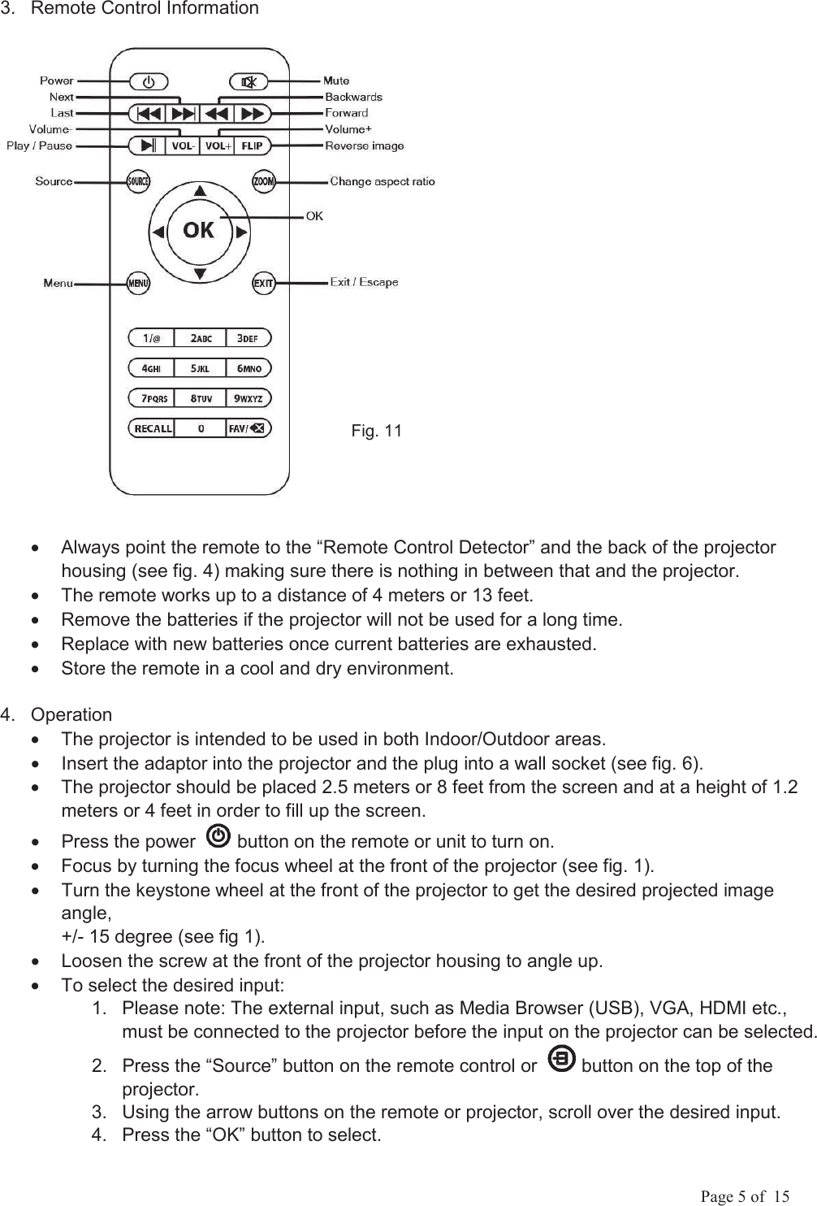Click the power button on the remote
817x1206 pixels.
pyautogui.click(x=148, y=81)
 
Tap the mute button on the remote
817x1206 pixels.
pyautogui.click(x=249, y=81)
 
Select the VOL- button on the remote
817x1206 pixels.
pyautogui.click(x=182, y=146)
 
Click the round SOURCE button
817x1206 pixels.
pyautogui.click(x=138, y=181)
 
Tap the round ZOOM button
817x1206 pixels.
pyautogui.click(x=263, y=181)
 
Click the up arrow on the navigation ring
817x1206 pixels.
pyautogui.click(x=200, y=190)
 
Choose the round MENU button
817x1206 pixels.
pyautogui.click(x=138, y=284)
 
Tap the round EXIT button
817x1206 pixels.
pyautogui.click(x=263, y=284)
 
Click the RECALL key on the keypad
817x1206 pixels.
pyautogui.click(x=153, y=428)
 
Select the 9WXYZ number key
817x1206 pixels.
pyautogui.click(x=249, y=398)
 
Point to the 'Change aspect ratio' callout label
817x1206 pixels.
pyautogui.click(x=382, y=181)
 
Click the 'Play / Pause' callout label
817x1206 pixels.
pyautogui.click(x=39, y=146)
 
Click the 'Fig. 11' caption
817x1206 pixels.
pyautogui.click(x=376, y=431)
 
